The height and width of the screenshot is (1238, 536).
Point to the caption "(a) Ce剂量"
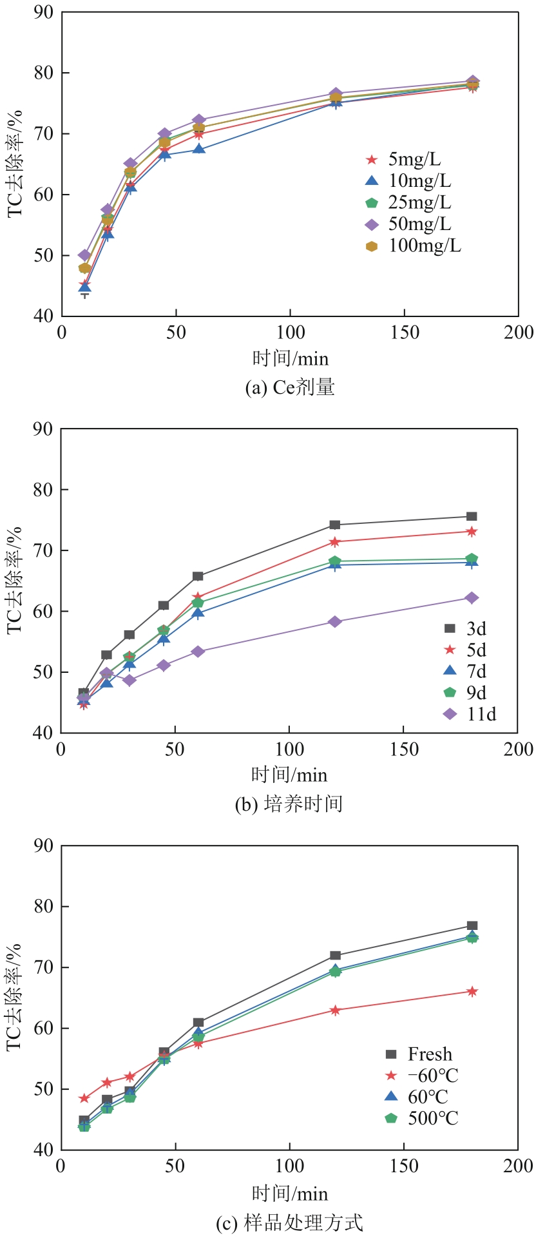pos(290,387)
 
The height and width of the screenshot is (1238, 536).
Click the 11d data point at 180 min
pos(472,598)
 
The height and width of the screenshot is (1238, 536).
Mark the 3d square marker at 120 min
pos(335,525)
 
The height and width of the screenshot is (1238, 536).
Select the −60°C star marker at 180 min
pos(472,991)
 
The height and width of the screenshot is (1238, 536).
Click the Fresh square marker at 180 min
pos(472,926)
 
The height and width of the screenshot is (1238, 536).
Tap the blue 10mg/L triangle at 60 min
pos(199,149)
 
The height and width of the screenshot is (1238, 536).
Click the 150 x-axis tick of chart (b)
pos(403,750)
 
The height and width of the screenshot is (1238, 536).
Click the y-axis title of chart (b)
pos(15,580)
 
